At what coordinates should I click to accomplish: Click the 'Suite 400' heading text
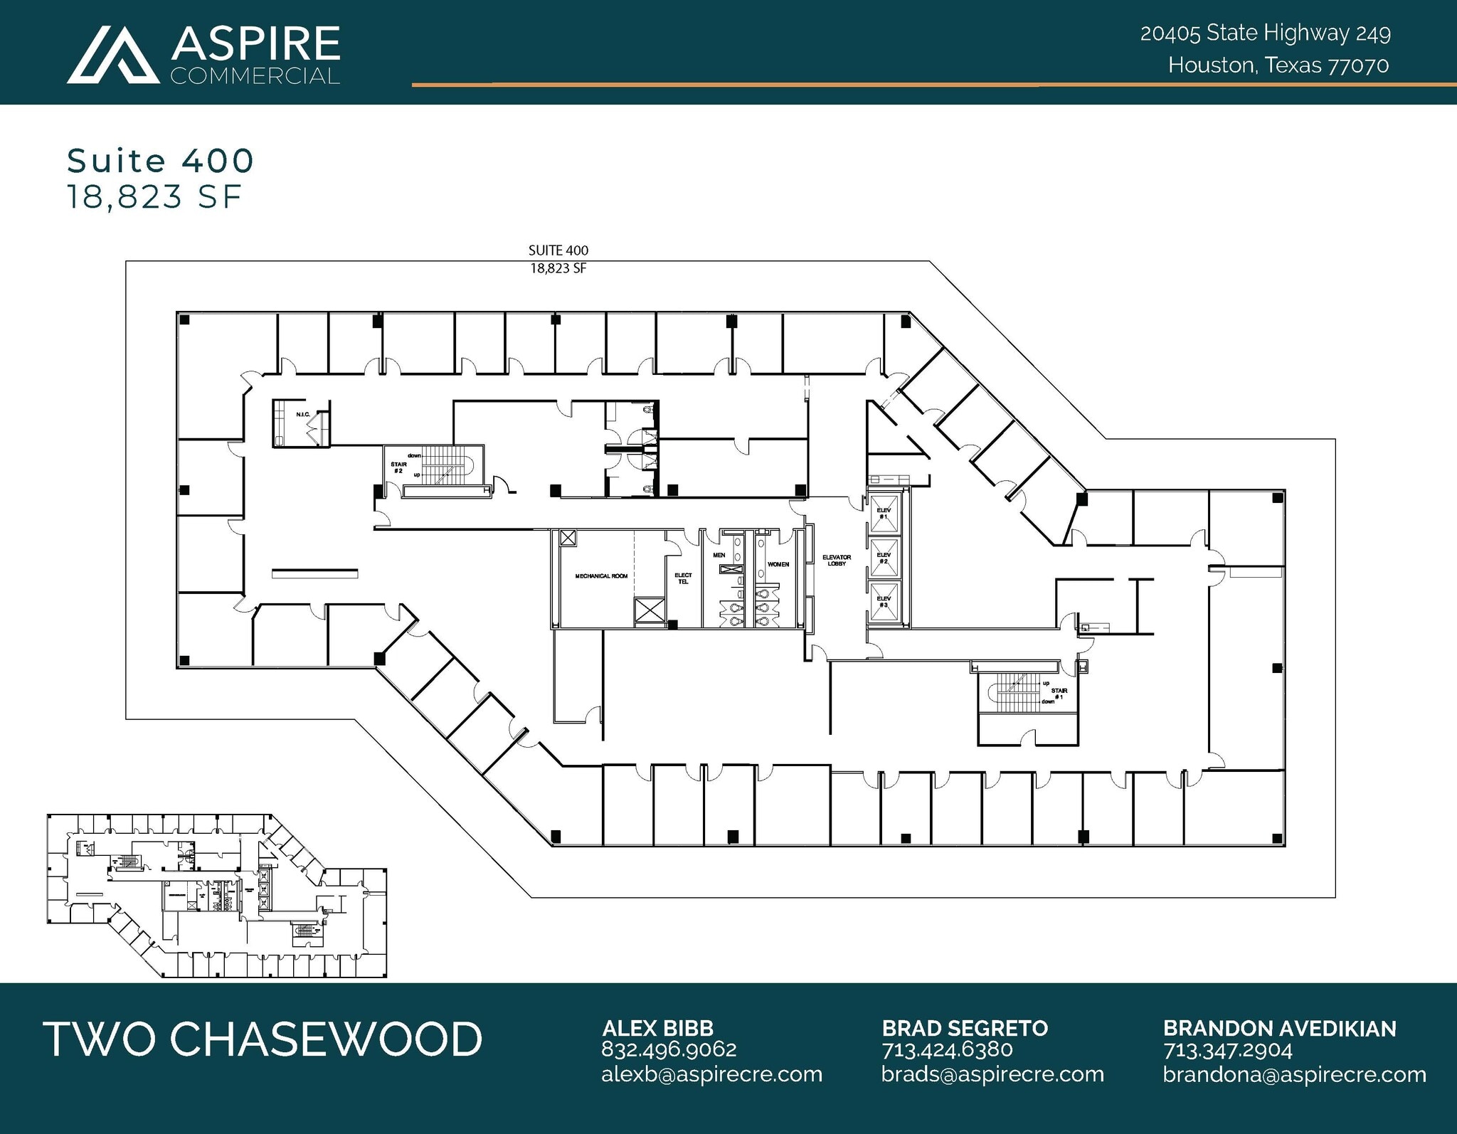point(160,161)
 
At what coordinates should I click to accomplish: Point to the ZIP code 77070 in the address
point(1359,65)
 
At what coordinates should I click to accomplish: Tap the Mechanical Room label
point(601,576)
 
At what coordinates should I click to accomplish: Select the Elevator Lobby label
point(837,561)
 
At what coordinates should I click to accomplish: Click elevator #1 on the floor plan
point(884,513)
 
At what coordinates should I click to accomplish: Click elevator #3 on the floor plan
point(884,601)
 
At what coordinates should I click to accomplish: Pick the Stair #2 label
point(398,467)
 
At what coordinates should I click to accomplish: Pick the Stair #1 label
point(1059,694)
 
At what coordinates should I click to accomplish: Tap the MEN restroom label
point(719,555)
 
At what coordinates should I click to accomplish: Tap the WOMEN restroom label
point(778,564)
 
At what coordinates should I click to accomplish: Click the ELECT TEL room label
point(683,578)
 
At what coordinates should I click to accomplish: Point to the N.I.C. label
point(302,414)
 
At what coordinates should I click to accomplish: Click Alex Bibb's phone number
point(668,1049)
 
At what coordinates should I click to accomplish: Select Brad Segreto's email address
point(992,1074)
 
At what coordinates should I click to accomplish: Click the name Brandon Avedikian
point(1279,1028)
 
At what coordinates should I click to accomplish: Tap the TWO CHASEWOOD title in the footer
point(263,1039)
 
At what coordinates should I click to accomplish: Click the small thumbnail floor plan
point(217,895)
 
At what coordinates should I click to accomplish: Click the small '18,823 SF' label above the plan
point(558,268)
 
